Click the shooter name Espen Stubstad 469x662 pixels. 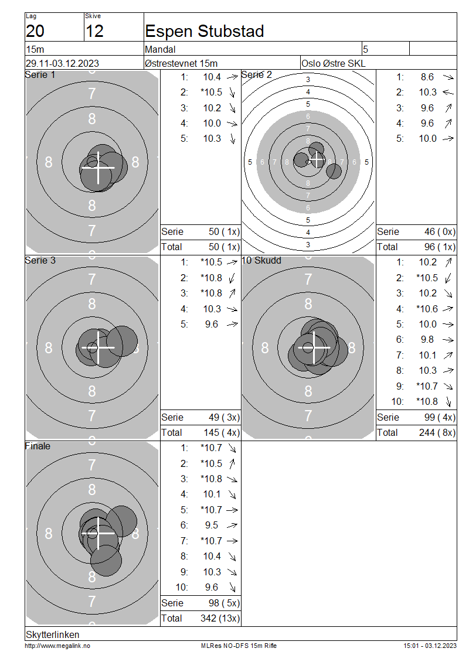coord(205,31)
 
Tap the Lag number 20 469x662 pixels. coord(35,31)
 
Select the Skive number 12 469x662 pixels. coord(94,31)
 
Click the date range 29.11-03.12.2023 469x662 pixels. coord(63,63)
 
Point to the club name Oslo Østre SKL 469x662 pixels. coord(334,63)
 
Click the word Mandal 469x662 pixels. coord(160,49)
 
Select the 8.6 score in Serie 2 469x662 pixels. coord(427,77)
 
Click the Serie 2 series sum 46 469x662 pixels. coord(430,231)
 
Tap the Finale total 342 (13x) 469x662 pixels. coord(220,618)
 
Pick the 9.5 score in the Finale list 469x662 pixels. coord(212,525)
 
